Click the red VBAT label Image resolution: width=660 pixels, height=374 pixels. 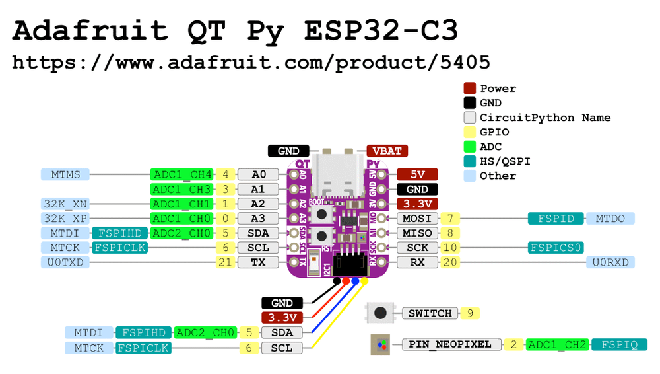(x=388, y=151)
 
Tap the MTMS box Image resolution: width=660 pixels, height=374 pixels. (x=65, y=174)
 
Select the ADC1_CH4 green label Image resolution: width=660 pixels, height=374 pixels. (x=181, y=174)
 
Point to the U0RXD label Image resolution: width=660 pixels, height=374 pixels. (x=610, y=262)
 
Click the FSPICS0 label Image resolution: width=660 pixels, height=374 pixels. (x=555, y=248)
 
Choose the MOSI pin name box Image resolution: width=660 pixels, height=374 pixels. (x=416, y=218)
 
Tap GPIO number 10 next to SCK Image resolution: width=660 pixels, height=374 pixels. (x=449, y=248)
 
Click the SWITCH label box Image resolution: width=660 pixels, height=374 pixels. (x=430, y=313)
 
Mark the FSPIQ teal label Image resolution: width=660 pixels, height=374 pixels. (x=619, y=344)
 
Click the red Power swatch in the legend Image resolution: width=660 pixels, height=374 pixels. (x=470, y=89)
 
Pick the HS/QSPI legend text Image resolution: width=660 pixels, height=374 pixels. (x=505, y=161)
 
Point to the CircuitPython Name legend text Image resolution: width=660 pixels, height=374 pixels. (x=545, y=118)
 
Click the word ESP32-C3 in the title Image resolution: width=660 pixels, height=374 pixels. (x=381, y=31)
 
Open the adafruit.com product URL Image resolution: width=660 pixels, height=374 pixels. (x=251, y=63)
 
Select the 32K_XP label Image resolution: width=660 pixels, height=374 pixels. (x=65, y=218)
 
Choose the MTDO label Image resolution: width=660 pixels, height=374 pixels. (x=610, y=218)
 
